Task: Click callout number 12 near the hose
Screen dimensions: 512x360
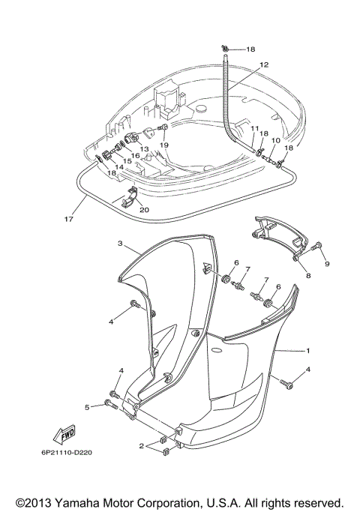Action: click(x=264, y=65)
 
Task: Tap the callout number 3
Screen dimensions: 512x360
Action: click(x=119, y=244)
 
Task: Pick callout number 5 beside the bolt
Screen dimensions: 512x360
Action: click(x=87, y=406)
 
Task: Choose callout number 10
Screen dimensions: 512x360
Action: click(x=276, y=140)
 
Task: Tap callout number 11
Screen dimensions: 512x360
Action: click(x=255, y=129)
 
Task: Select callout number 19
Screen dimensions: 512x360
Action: click(x=164, y=145)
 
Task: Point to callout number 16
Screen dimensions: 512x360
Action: click(x=136, y=155)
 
